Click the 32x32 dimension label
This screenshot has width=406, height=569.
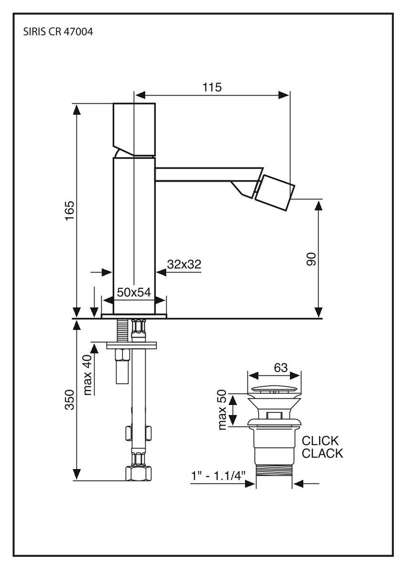[184, 264]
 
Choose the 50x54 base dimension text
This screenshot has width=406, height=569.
[134, 293]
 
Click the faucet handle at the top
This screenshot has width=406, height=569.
[134, 128]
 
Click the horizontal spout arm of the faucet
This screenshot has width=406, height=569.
[208, 174]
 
